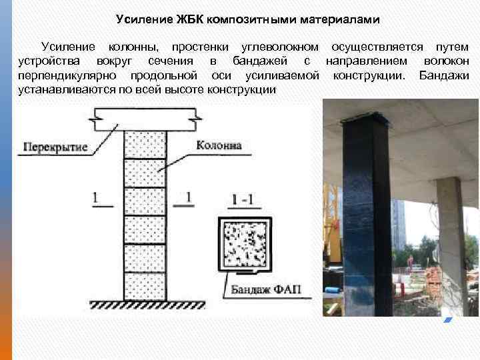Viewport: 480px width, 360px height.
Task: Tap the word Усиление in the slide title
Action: pyautogui.click(x=142, y=19)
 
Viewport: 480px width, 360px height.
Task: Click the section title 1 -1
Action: pyautogui.click(x=243, y=199)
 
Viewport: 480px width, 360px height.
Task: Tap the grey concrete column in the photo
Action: pyautogui.click(x=449, y=233)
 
